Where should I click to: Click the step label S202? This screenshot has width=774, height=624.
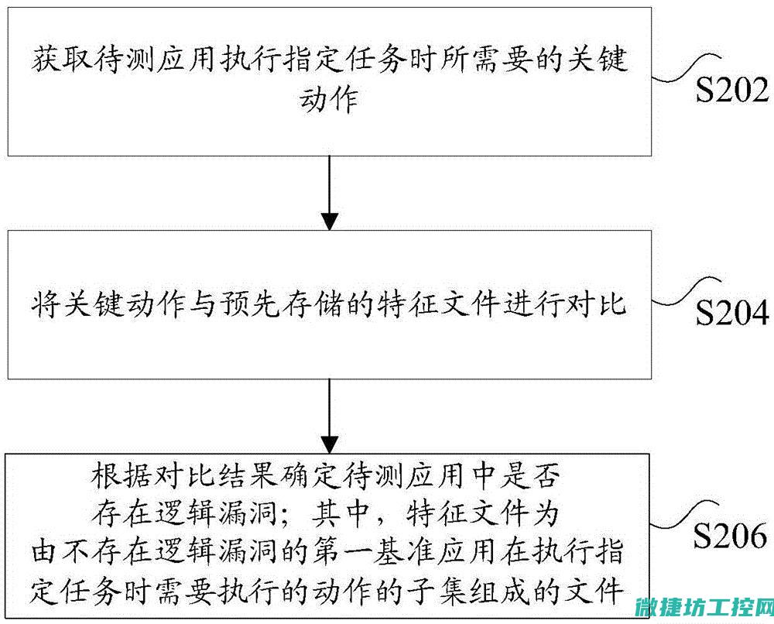click(732, 90)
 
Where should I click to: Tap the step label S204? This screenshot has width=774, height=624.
click(732, 313)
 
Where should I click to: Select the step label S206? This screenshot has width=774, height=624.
click(731, 535)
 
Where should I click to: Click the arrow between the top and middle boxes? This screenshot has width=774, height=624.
click(330, 193)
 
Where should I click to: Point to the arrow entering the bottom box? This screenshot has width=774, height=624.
click(330, 417)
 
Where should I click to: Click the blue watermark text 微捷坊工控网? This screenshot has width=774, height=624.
click(704, 607)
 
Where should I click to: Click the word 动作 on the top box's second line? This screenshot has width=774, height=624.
click(329, 100)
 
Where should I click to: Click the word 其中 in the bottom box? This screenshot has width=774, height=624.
click(341, 514)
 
